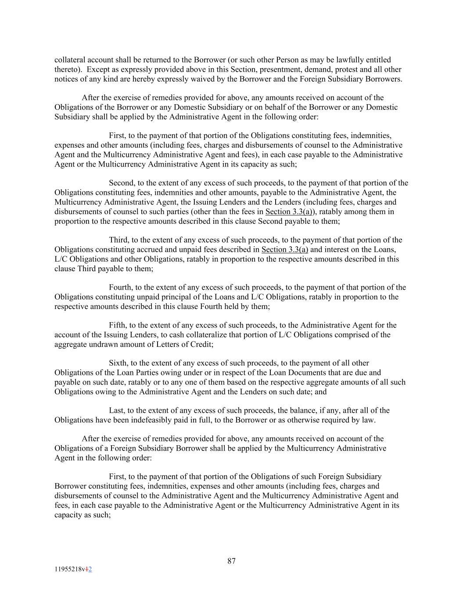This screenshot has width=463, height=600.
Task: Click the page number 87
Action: [x=232, y=561]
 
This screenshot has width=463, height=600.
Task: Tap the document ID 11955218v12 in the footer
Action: [x=73, y=569]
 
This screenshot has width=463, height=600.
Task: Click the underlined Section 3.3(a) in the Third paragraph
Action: [x=285, y=250]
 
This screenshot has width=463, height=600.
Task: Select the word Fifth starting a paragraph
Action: [x=118, y=325]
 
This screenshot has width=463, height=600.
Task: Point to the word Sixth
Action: [x=118, y=363]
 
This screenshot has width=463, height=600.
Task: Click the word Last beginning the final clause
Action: [x=116, y=411]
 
